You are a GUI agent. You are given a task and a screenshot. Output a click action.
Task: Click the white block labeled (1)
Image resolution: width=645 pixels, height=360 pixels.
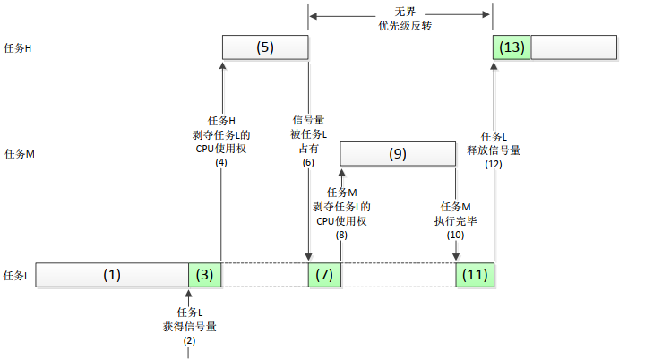[112, 275]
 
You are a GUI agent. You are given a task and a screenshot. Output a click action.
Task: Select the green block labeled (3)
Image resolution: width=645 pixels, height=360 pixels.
[204, 275]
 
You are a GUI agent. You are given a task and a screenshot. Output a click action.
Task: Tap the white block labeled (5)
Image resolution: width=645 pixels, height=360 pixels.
[264, 47]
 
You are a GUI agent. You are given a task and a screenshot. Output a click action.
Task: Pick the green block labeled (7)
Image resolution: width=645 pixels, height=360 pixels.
[324, 275]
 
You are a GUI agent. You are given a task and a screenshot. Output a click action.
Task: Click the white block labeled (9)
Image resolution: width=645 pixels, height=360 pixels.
[398, 154]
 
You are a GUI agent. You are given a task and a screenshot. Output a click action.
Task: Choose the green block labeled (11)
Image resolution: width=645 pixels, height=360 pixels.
[475, 275]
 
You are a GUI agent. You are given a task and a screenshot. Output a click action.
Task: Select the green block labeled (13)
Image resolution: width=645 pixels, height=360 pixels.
[512, 47]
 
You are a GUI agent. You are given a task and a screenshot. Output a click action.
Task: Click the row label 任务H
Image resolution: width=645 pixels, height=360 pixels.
[19, 47]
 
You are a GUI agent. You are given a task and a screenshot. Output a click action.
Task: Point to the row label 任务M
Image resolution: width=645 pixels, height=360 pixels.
[19, 154]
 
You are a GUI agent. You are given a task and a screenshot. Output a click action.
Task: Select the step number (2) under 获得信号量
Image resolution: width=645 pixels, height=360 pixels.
[190, 341]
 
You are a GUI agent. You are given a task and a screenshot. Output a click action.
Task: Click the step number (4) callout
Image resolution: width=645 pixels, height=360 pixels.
[221, 163]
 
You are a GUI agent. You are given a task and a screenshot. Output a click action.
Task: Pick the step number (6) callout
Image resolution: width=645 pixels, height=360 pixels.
[308, 163]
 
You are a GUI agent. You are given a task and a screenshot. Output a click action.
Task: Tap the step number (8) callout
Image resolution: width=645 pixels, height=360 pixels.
[341, 235]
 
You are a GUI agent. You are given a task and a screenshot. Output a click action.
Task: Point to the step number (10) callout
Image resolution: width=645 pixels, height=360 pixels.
[456, 235]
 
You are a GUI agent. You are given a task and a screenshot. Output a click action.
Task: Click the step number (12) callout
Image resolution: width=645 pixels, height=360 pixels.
[494, 165]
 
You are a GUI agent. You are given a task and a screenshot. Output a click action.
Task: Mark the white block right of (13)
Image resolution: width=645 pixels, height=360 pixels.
[573, 47]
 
